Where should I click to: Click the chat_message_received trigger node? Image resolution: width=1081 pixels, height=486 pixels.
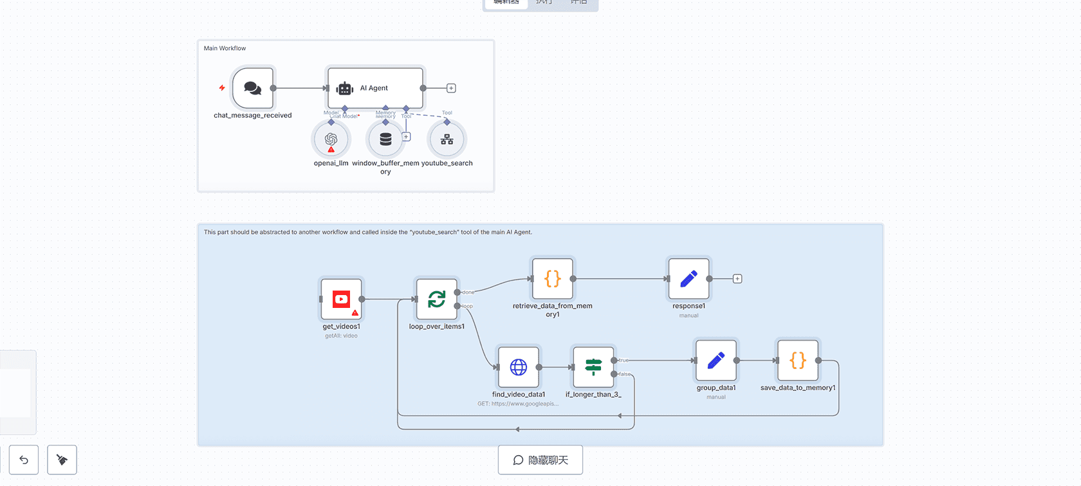coord(253,88)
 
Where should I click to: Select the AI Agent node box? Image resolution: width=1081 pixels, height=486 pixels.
coord(375,88)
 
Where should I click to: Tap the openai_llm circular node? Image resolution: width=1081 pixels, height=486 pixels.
coord(331,139)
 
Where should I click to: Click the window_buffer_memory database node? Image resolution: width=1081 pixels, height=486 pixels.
coord(385,139)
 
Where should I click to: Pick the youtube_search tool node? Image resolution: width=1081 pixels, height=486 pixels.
coord(447,139)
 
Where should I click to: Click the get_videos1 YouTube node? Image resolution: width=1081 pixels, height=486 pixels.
coord(341,299)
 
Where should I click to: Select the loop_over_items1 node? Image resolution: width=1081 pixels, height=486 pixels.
coord(436,299)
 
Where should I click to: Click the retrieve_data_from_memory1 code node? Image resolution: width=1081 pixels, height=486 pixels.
coord(552,278)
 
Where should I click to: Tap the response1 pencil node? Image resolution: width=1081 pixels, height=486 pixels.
coord(688,278)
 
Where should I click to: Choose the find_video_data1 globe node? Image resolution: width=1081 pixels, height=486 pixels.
coord(518,367)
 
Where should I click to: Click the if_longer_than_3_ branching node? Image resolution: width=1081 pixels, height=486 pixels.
coord(593,367)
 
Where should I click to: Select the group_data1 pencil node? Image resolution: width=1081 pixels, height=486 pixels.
coord(716,361)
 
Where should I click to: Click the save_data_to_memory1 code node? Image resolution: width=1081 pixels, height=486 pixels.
coord(797,361)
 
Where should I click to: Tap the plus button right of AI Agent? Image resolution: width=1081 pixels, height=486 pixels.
coord(451,88)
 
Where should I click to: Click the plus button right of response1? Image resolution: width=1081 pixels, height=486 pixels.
coord(737,279)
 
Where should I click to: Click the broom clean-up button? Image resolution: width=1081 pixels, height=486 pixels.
coord(62,460)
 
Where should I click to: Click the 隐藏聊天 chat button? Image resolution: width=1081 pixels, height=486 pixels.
coord(540,460)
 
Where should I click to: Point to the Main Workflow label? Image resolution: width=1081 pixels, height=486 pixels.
coord(225,48)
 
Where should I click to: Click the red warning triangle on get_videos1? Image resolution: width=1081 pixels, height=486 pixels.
coord(355,313)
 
